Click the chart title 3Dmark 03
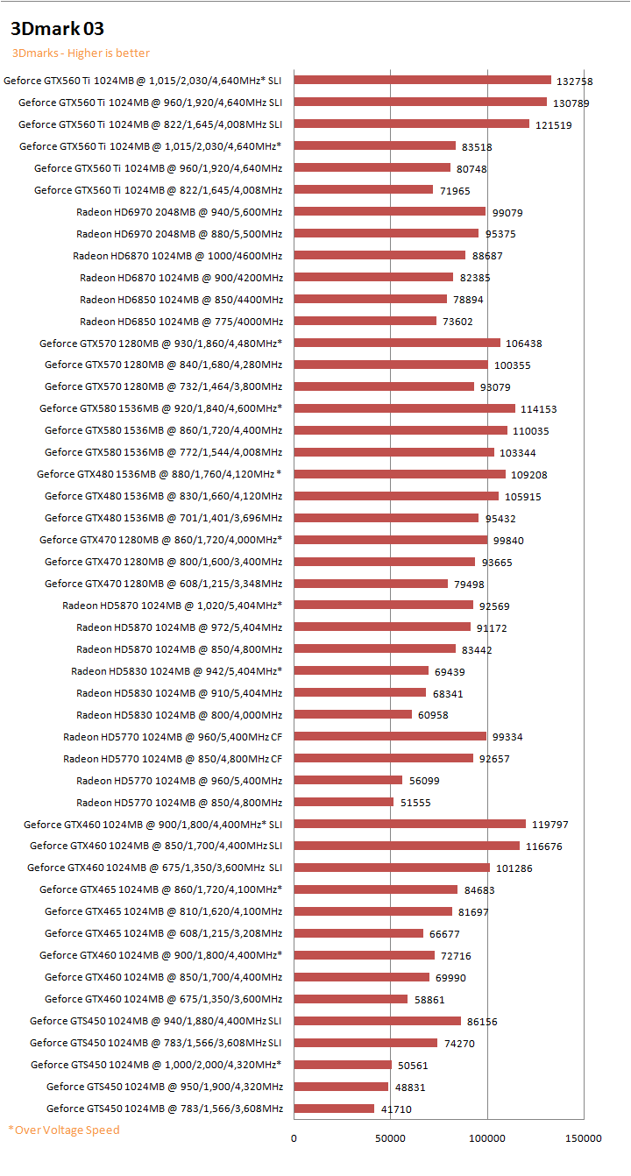tap(58, 30)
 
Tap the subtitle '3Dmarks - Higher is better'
tap(81, 53)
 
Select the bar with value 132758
tap(422, 81)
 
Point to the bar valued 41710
tap(334, 1109)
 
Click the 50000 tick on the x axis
tap(390, 1138)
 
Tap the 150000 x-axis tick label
tap(584, 1138)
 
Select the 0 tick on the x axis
tap(294, 1138)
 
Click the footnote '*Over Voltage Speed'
tap(64, 1130)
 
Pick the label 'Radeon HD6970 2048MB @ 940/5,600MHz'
tap(179, 211)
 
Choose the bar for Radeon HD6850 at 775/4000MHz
tap(365, 321)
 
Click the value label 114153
tap(539, 409)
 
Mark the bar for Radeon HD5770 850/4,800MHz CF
tap(383, 758)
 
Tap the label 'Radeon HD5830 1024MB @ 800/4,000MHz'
tap(179, 715)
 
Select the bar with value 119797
tap(409, 824)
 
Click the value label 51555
tap(417, 803)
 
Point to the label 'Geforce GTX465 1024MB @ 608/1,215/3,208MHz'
tap(163, 933)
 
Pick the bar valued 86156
tap(377, 1021)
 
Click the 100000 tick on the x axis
tap(487, 1138)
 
